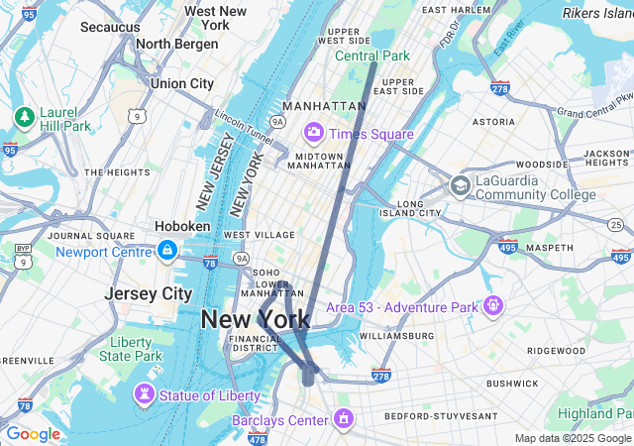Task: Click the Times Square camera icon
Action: point(314,132)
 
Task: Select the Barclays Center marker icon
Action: point(344,418)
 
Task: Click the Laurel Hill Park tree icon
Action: point(24,117)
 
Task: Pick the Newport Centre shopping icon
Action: point(167,251)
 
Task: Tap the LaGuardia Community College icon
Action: point(460,185)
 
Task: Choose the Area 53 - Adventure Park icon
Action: point(493,305)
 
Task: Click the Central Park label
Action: point(371,56)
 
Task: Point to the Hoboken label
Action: point(182,226)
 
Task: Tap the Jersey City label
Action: point(149,294)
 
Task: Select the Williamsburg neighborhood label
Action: point(396,336)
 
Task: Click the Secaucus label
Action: point(110,27)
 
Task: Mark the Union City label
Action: point(181,84)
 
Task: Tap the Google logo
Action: point(33,434)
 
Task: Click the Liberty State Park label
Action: point(136,349)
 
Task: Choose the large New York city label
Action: point(256,319)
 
